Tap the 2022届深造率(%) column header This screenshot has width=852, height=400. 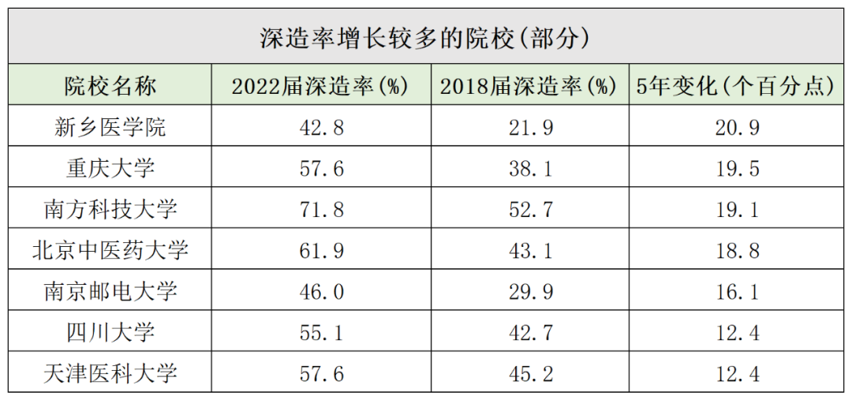pyautogui.click(x=319, y=86)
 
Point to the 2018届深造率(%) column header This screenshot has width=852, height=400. pyautogui.click(x=528, y=86)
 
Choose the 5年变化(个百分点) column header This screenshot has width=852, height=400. pyautogui.click(x=735, y=86)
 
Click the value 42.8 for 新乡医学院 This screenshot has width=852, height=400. pyautogui.click(x=319, y=127)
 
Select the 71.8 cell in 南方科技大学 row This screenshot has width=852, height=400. pyautogui.click(x=319, y=209)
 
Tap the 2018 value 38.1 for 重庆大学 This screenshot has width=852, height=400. pyautogui.click(x=528, y=168)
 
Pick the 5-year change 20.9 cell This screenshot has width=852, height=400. pyautogui.click(x=735, y=127)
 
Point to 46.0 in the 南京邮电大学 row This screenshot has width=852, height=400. pyautogui.click(x=319, y=291)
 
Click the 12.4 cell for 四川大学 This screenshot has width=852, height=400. pyautogui.click(x=735, y=332)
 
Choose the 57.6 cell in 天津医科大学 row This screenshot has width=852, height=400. pyautogui.click(x=319, y=373)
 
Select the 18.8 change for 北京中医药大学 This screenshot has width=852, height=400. pyautogui.click(x=735, y=250)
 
